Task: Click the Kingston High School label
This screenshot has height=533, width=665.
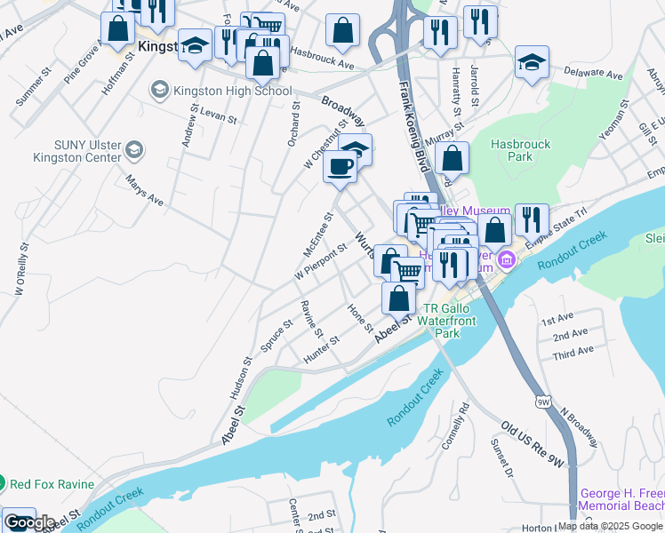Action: coord(234,90)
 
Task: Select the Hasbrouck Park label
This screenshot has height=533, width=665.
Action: coord(520,150)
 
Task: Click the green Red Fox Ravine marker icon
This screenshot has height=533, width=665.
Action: coord(2,484)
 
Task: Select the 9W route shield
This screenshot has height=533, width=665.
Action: coord(543,402)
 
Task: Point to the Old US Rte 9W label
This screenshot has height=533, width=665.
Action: coord(532,444)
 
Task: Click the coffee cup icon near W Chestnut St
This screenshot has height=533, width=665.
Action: coord(340,166)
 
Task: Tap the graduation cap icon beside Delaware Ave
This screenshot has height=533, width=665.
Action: coord(532,61)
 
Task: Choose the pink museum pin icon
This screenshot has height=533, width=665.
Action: coord(506,259)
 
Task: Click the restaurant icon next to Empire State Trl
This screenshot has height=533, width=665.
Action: coord(531,219)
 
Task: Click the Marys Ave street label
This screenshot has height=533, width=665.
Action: coord(144,188)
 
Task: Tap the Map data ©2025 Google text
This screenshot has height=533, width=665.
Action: coord(609,526)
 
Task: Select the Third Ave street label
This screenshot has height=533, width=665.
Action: coord(573,353)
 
